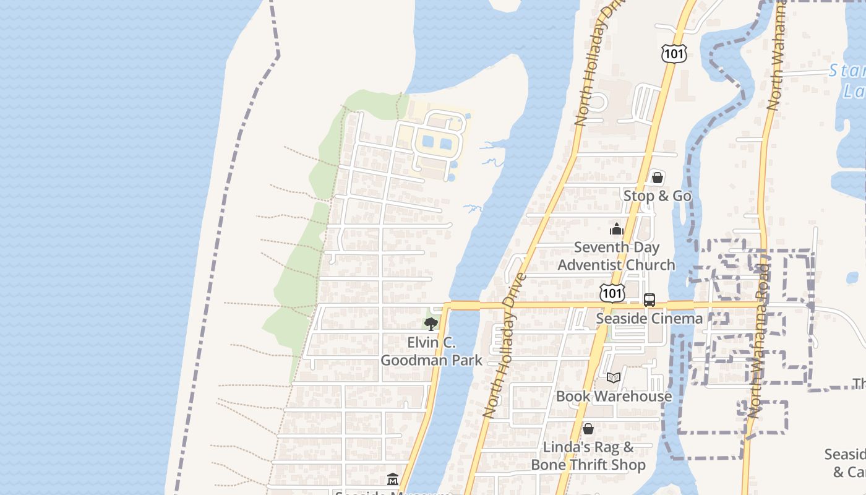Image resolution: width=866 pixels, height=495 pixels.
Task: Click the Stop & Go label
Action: click(657, 196)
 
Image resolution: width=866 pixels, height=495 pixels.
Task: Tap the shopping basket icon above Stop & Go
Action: click(657, 178)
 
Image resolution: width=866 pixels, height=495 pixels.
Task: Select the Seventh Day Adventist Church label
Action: click(616, 256)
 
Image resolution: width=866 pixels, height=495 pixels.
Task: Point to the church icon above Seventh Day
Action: click(616, 230)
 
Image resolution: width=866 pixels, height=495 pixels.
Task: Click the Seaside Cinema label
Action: click(649, 318)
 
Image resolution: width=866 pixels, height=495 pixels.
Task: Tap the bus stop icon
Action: click(649, 300)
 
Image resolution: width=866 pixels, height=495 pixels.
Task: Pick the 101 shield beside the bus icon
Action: click(612, 293)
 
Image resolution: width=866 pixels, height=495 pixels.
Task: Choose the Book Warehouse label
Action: click(614, 396)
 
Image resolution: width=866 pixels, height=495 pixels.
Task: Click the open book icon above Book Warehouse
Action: click(613, 377)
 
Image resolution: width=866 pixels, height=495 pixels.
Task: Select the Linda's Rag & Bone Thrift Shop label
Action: click(588, 455)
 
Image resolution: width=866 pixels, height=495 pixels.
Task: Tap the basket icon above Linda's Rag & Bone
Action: click(588, 428)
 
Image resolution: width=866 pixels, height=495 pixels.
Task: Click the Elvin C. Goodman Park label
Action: click(431, 351)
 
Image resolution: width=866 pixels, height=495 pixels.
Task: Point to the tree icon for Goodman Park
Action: click(431, 324)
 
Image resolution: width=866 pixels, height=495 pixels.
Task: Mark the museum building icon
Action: click(392, 479)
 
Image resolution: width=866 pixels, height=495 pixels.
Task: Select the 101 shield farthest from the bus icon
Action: click(673, 53)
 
